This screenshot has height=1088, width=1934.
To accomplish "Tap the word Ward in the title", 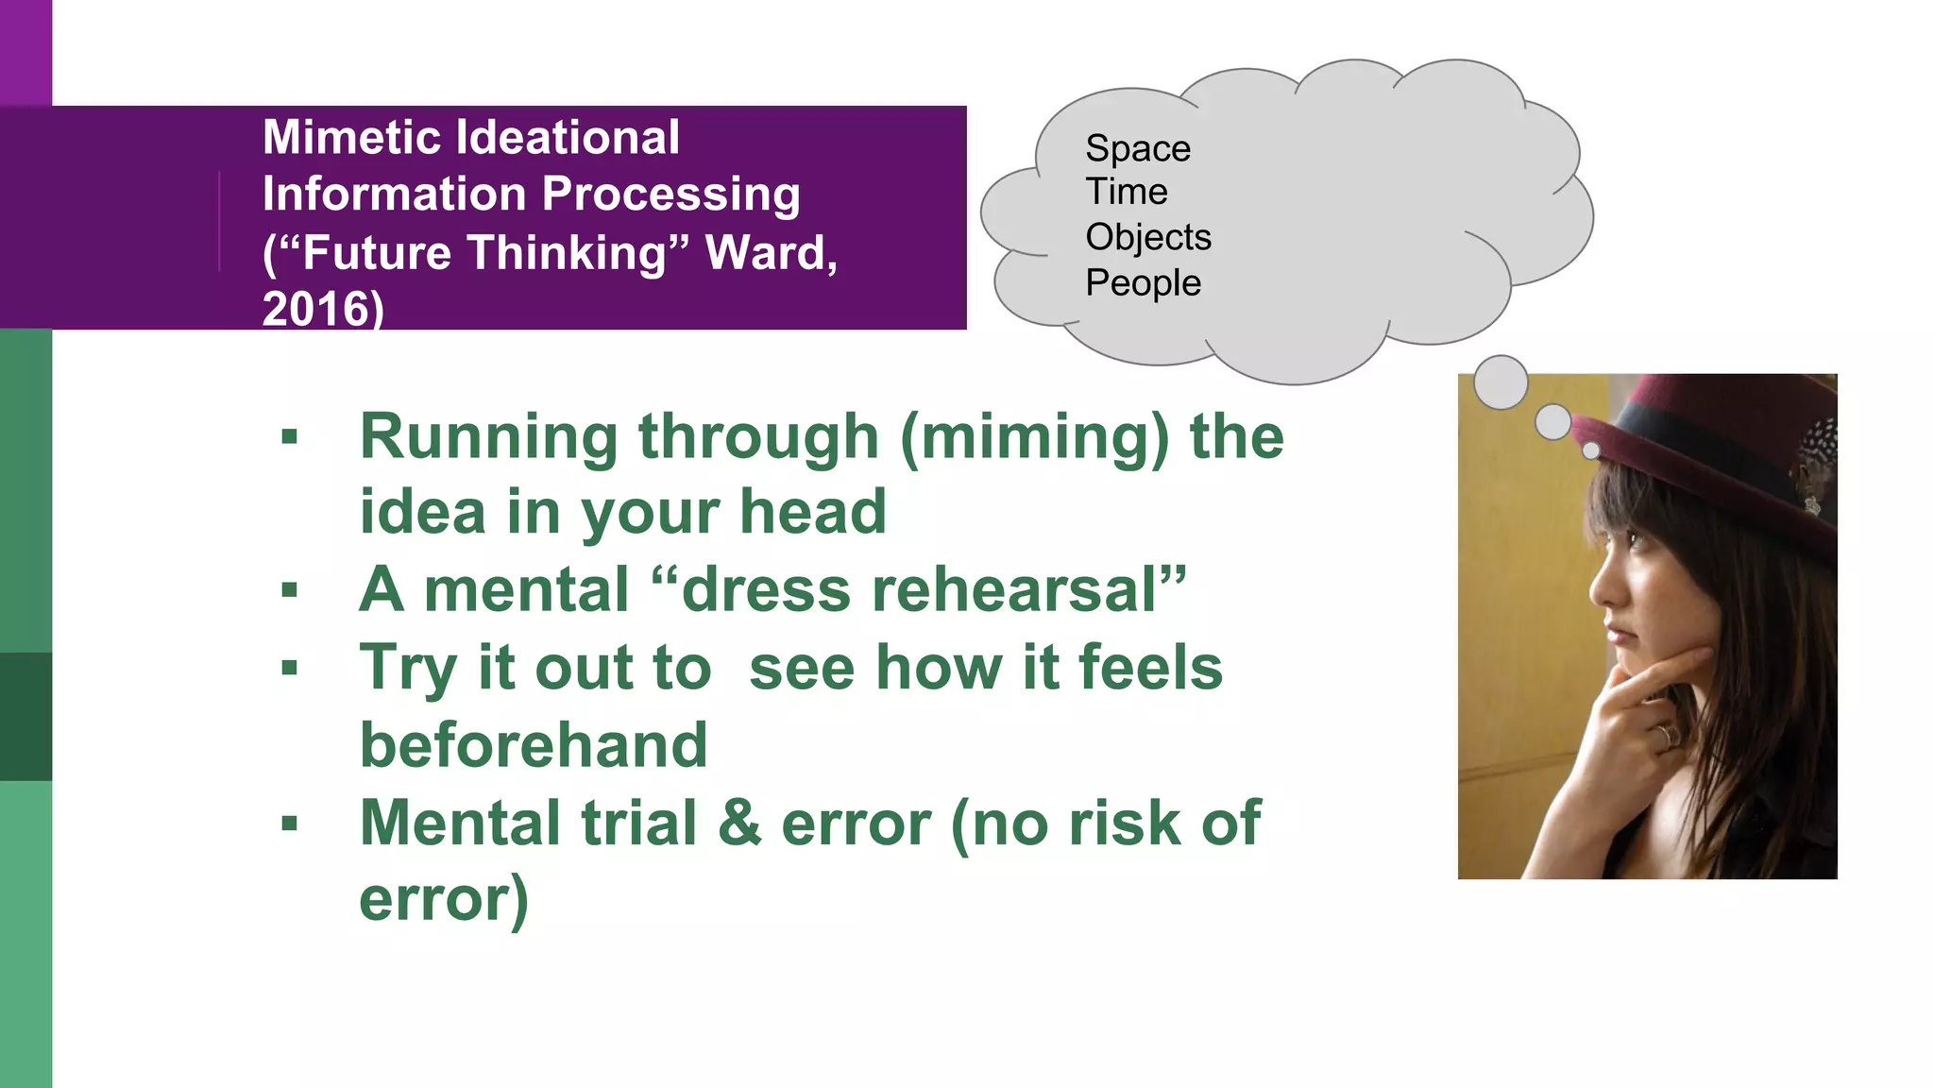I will coord(766,253).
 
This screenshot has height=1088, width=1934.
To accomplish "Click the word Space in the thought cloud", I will coord(1137,149).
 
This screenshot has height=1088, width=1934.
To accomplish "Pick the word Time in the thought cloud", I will coord(1126,192).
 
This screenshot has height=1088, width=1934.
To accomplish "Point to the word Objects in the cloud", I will coord(1147,237).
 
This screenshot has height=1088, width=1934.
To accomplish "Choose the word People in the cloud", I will coord(1143,283).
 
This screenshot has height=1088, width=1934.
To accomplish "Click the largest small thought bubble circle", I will coord(1500,382).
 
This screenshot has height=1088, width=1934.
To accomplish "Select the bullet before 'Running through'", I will coord(290,437).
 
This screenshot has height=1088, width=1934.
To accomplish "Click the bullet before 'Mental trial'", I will coord(290,823).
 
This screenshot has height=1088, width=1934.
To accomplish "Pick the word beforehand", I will coord(534,745).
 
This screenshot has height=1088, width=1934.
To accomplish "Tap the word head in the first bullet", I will coord(812,512).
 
